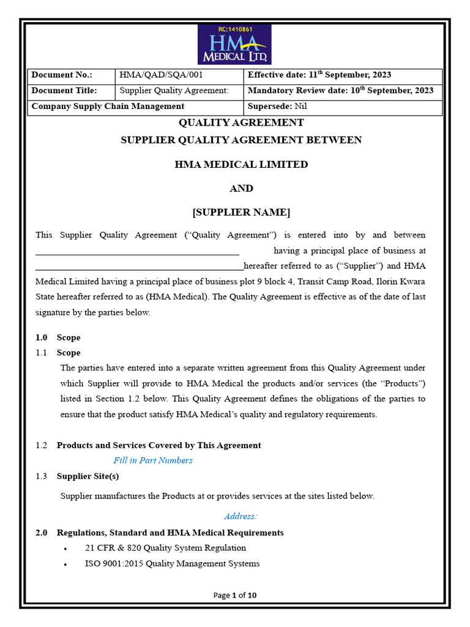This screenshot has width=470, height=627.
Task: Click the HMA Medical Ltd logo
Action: [x=234, y=45]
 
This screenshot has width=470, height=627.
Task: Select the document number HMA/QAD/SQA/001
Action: [x=161, y=75]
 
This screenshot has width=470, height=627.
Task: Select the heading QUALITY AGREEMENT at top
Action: [x=241, y=122]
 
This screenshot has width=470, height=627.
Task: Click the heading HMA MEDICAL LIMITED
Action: [x=241, y=164]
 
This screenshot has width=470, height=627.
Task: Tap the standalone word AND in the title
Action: [x=241, y=188]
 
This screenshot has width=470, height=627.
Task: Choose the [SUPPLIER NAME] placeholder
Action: [x=241, y=212]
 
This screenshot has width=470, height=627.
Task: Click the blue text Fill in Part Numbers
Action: [x=153, y=460]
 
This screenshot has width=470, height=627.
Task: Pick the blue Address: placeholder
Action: [x=241, y=516]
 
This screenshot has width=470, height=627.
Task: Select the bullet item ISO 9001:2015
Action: [x=172, y=563]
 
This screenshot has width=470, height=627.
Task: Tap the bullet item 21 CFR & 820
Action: [x=165, y=548]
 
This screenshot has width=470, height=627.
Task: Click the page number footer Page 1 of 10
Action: [x=235, y=595]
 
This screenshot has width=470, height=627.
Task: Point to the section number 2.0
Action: [x=41, y=533]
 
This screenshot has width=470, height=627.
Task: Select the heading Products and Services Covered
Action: [x=159, y=445]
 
